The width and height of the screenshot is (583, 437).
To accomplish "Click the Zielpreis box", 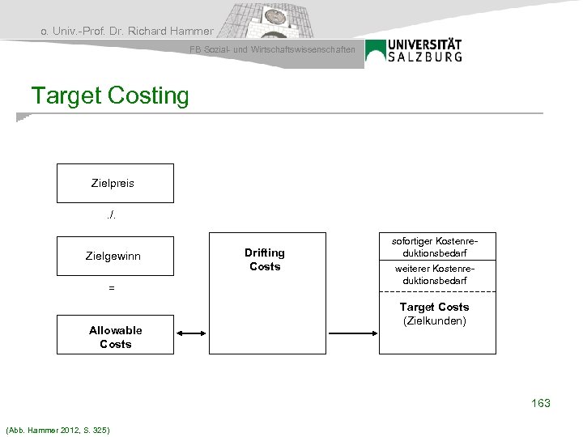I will point(114,183).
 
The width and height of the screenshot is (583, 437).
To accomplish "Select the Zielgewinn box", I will point(114,256).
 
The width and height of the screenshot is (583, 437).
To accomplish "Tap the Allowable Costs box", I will point(114,337).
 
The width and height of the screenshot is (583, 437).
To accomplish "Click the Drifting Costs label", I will point(265,260).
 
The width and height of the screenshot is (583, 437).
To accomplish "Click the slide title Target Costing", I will point(110,95).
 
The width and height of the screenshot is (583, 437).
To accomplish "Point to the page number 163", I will point(540,402).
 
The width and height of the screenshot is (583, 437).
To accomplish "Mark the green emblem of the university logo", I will point(376,51).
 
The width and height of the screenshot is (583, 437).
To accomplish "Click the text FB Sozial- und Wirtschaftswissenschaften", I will point(272,50).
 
